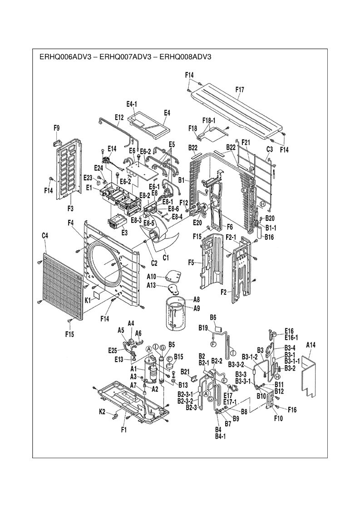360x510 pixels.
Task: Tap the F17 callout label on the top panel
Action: pos(240,89)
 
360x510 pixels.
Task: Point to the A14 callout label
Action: pos(311,345)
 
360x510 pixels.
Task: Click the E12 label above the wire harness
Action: pos(119,117)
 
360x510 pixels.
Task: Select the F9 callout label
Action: pos(56,128)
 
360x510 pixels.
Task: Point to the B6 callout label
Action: pos(213,317)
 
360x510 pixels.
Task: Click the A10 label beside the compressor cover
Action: pos(152,277)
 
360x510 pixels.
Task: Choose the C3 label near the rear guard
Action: pos(269,149)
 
